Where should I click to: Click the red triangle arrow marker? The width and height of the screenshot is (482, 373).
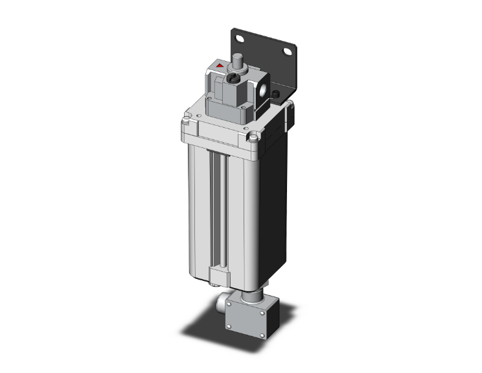[222, 66]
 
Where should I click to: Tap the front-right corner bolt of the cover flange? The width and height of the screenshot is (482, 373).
[253, 137]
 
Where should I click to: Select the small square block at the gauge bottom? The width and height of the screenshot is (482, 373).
[218, 278]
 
